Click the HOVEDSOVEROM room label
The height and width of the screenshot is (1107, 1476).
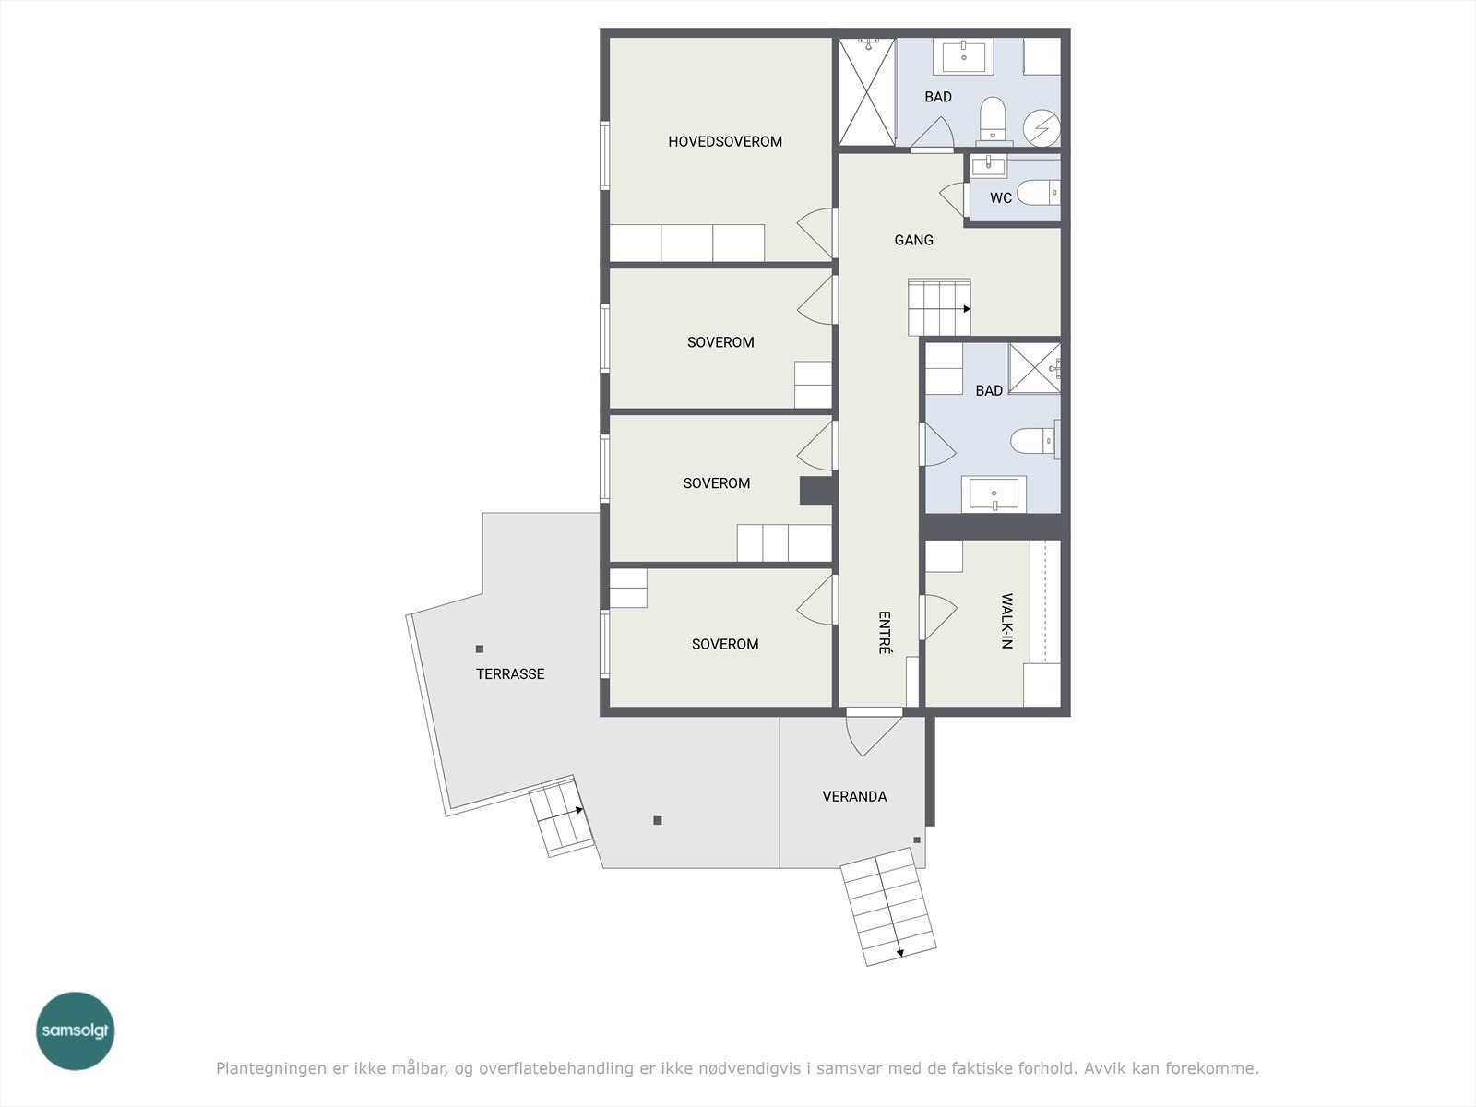pos(725,142)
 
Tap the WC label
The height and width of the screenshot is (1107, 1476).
pos(1001,198)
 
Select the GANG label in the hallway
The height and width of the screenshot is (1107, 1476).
pos(914,240)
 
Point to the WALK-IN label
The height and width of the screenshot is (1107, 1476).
pos(1006,621)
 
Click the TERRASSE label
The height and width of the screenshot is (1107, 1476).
pos(510,674)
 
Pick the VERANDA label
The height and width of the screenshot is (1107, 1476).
pos(854,796)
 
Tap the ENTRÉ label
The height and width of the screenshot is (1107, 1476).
pos(885,633)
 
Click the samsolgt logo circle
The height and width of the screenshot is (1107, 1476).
pos(76,1030)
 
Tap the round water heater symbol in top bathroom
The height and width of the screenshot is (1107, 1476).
pos(1042,127)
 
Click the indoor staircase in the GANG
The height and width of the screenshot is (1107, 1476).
pos(939,307)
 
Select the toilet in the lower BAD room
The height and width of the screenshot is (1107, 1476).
pos(1034,441)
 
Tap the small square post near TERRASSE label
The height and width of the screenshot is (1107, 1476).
pos(480,649)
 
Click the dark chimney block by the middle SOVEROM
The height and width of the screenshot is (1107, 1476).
pos(817,491)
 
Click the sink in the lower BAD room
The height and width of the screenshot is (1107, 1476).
pos(994,494)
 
